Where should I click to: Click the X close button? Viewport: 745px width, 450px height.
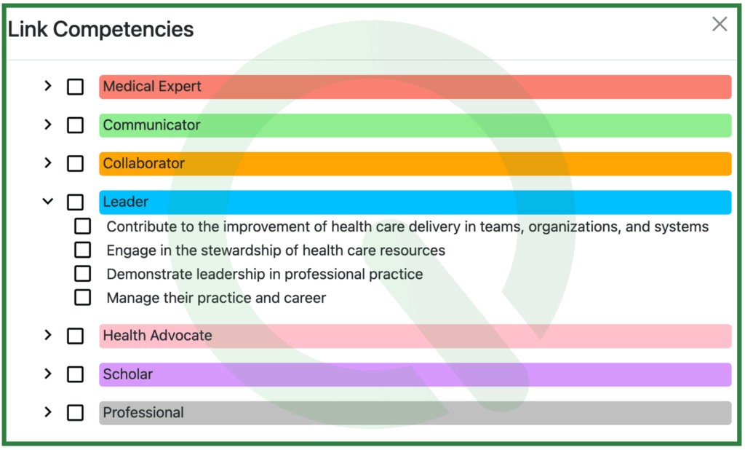tap(719, 25)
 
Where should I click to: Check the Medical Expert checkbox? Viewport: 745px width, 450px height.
tap(75, 87)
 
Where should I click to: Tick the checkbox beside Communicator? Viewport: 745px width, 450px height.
tap(75, 125)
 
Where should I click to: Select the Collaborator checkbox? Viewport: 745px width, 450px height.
tap(75, 164)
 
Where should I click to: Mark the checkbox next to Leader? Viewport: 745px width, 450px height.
tap(75, 202)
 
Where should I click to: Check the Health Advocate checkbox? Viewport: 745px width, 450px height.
tap(75, 336)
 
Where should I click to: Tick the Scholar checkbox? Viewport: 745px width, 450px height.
tap(75, 374)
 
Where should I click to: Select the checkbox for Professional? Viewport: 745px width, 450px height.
tap(75, 413)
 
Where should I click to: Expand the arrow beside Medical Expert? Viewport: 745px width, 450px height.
tap(48, 86)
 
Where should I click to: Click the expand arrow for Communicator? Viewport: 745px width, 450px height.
tap(48, 125)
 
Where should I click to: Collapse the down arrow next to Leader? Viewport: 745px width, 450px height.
tap(48, 202)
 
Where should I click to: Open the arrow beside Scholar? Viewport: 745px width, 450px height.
tap(48, 374)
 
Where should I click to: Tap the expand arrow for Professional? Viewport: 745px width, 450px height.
tap(48, 412)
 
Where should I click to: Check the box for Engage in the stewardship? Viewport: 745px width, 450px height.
tap(83, 250)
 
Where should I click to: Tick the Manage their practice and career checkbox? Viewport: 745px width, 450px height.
tap(83, 298)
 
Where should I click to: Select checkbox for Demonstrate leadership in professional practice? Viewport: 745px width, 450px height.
tap(83, 274)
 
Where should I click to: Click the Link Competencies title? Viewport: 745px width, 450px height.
tap(101, 29)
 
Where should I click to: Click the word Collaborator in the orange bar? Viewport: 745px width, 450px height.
tap(144, 164)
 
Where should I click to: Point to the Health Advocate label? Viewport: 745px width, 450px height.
tap(157, 336)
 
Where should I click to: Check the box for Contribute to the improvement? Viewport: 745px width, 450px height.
tap(83, 226)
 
